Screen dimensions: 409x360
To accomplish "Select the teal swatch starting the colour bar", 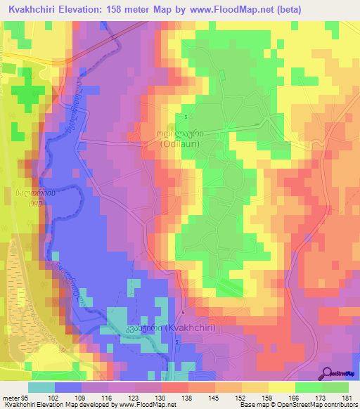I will tap(41, 387).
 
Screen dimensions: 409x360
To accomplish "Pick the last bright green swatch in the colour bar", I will tap(335, 387).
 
